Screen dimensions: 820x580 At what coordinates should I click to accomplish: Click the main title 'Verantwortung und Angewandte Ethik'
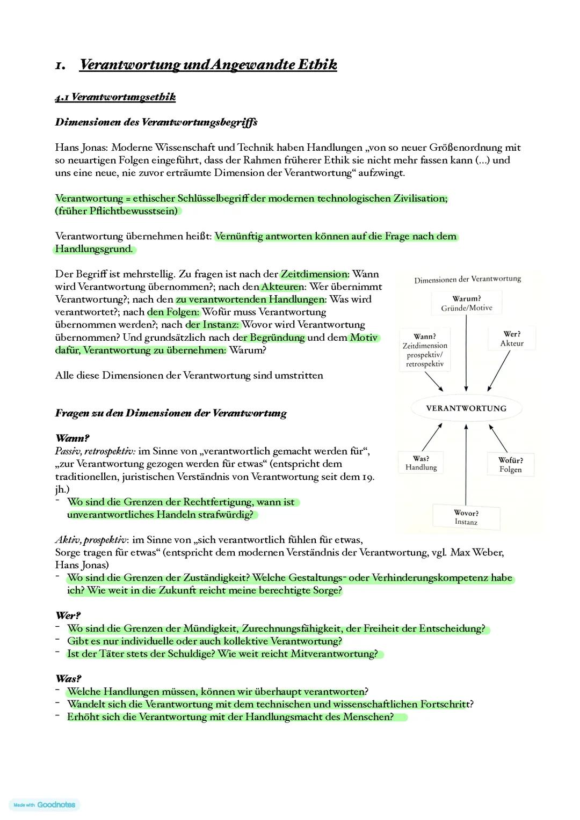[208, 65]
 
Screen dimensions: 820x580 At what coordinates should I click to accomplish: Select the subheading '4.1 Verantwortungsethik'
[115, 97]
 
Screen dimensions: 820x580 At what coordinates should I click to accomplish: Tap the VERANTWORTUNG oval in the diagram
[466, 408]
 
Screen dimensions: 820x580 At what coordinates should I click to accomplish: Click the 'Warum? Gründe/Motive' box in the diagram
[466, 303]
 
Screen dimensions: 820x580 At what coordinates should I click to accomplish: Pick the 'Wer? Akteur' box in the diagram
[511, 339]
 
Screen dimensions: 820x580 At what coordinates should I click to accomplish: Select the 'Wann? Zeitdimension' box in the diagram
[425, 350]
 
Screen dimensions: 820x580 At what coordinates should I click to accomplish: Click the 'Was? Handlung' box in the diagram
[421, 463]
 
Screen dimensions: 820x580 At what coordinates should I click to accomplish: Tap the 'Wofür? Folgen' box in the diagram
[510, 465]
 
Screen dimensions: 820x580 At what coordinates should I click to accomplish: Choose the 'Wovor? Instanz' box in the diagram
[466, 517]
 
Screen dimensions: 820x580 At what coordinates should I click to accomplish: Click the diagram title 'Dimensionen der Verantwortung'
[467, 279]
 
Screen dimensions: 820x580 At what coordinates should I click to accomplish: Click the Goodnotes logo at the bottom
[45, 804]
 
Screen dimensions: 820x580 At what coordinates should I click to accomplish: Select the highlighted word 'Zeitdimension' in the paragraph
[314, 274]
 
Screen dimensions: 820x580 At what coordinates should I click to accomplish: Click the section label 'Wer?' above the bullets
[68, 616]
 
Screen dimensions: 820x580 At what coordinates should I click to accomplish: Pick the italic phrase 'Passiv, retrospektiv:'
[95, 451]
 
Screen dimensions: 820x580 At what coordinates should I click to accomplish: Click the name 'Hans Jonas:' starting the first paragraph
[81, 148]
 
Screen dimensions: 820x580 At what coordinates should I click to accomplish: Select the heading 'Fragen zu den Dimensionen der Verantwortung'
[171, 413]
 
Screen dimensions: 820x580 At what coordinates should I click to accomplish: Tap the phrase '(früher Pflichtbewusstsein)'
[117, 211]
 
